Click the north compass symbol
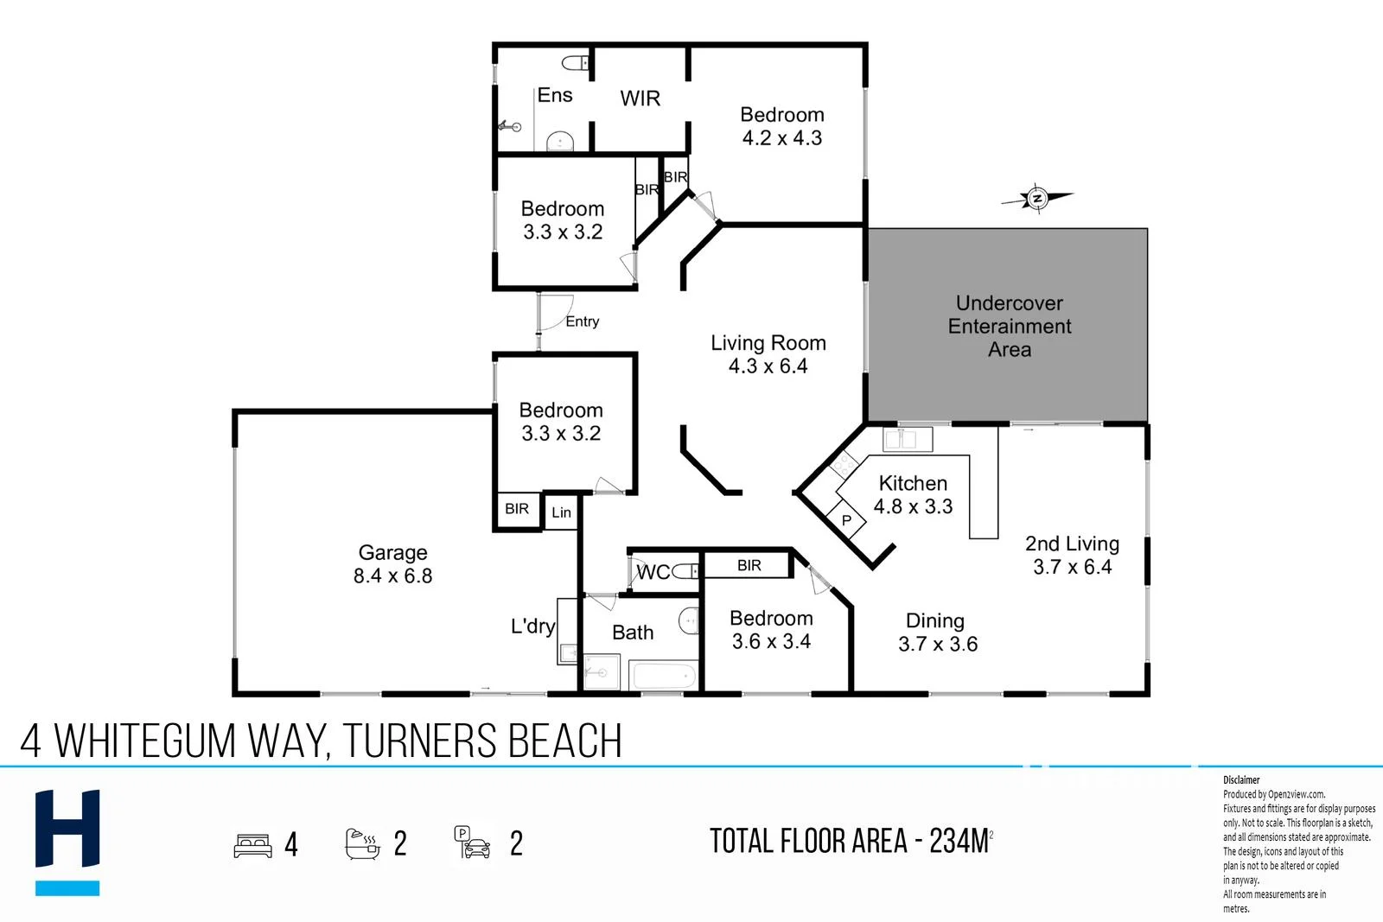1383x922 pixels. point(1037,199)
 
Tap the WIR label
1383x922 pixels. point(640,99)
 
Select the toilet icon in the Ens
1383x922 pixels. point(574,63)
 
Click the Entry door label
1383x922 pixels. point(582,321)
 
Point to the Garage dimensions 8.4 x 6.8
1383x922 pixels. point(392,576)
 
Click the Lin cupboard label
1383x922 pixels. point(561,512)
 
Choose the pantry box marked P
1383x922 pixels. point(847,520)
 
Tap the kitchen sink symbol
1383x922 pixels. point(906,439)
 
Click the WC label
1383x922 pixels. point(653,572)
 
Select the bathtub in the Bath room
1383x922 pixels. point(663,675)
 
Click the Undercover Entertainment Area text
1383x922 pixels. point(1009,327)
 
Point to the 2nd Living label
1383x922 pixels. point(1072,544)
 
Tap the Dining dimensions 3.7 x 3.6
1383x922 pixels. point(937,645)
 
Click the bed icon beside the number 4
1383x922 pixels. point(252,844)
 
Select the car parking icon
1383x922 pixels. point(472,843)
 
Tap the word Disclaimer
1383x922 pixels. point(1241,779)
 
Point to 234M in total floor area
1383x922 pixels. point(958,841)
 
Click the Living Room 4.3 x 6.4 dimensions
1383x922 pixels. point(768,366)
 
